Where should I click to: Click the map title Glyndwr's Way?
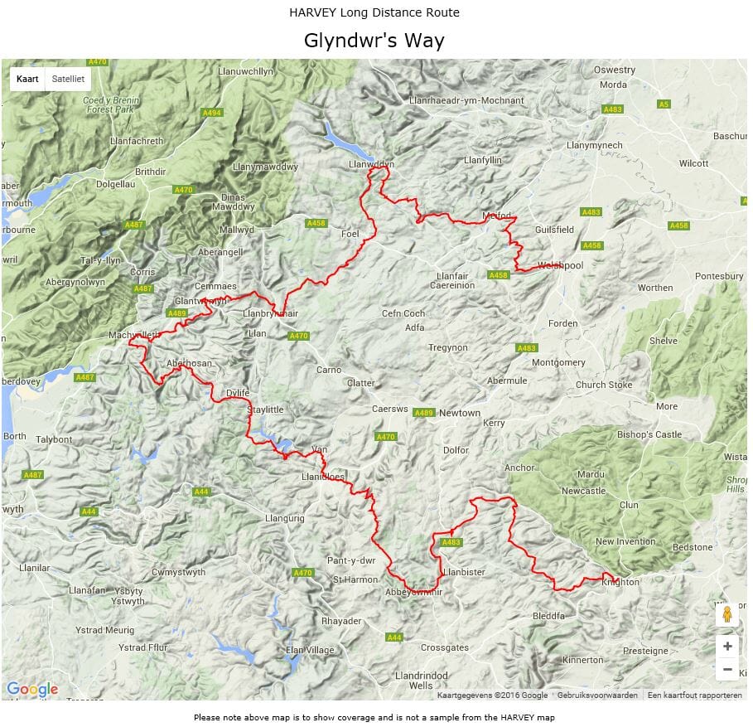374,41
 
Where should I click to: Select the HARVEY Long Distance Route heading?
374,12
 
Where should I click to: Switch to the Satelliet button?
68,80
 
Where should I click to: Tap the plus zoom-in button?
726,647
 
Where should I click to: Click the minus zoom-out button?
726,669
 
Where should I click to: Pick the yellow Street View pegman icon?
726,614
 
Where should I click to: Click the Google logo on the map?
32,689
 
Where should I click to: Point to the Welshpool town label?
561,265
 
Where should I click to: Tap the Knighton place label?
620,582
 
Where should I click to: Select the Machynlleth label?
133,335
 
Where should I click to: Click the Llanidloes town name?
323,477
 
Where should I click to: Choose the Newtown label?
460,413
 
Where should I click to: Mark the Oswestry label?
614,70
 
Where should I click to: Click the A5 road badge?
663,104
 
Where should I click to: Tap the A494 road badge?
212,113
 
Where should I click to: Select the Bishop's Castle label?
649,434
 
